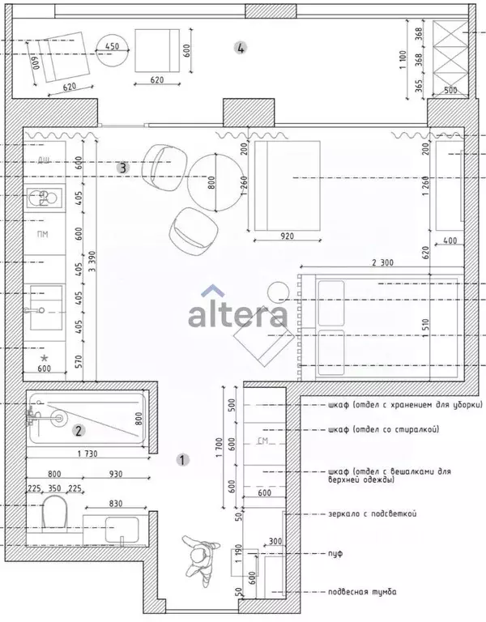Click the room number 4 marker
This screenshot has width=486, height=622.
[239, 48]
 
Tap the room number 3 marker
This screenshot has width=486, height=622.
[122, 168]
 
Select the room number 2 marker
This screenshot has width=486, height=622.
[79, 431]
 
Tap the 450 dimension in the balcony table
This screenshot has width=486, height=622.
[112, 46]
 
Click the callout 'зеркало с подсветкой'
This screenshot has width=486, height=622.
[373, 513]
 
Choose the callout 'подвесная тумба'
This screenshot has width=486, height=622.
[363, 592]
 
